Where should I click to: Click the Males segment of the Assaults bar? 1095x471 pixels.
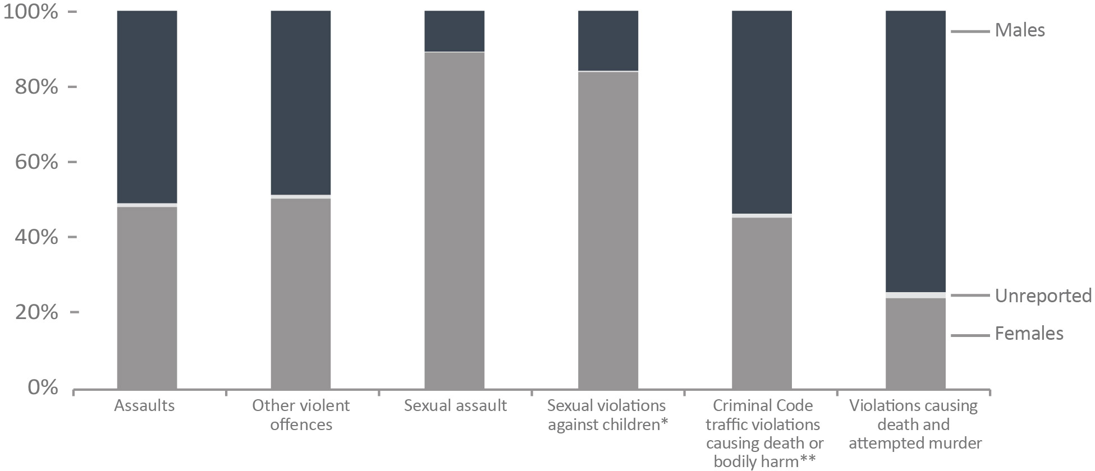pyautogui.click(x=147, y=107)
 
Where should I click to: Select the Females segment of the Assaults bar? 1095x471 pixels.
pyautogui.click(x=147, y=297)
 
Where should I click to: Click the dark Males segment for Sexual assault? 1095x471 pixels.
pyautogui.click(x=455, y=31)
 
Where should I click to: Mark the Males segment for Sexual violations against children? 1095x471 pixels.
pyautogui.click(x=608, y=41)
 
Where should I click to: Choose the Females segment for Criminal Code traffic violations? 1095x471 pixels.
pyautogui.click(x=762, y=303)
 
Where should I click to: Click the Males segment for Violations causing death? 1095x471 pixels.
pyautogui.click(x=915, y=151)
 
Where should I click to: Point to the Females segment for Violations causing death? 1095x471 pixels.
pyautogui.click(x=915, y=343)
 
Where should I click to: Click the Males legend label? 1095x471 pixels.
pyautogui.click(x=1020, y=30)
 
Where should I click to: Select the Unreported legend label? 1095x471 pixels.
pyautogui.click(x=1043, y=295)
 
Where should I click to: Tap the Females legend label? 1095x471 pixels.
pyautogui.click(x=1029, y=334)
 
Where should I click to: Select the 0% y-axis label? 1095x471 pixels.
pyautogui.click(x=43, y=387)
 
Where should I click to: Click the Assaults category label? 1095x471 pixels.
pyautogui.click(x=144, y=405)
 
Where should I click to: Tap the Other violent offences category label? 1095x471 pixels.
pyautogui.click(x=301, y=415)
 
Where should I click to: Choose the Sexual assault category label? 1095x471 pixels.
pyautogui.click(x=455, y=405)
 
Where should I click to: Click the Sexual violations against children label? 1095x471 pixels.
pyautogui.click(x=607, y=415)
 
